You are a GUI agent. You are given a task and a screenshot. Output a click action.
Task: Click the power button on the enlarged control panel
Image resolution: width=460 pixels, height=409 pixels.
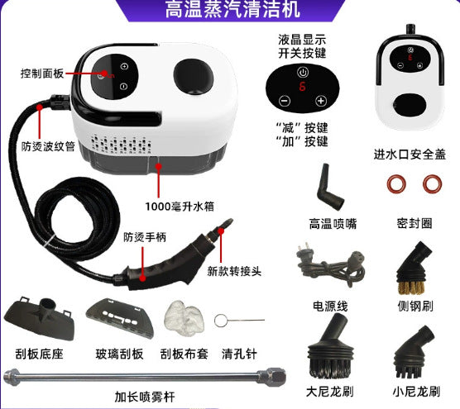pyautogui.click(x=303, y=72)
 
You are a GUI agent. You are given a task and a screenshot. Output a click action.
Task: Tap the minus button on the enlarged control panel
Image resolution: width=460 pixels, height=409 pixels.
pyautogui.click(x=285, y=101)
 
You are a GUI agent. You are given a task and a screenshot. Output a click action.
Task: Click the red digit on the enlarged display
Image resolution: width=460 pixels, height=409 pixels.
pyautogui.click(x=302, y=87)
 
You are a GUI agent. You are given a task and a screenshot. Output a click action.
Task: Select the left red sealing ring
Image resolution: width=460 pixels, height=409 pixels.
pyautogui.click(x=396, y=184)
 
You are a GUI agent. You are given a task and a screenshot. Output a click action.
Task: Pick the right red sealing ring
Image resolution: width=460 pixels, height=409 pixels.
pyautogui.click(x=432, y=184)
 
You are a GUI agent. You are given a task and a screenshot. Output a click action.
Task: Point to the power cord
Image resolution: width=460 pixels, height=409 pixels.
pyautogui.click(x=331, y=265)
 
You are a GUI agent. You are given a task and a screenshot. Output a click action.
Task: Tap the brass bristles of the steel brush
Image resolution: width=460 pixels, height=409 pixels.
pyautogui.click(x=411, y=287)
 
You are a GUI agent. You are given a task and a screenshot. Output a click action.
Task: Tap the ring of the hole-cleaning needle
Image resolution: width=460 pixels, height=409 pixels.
pyautogui.click(x=220, y=321)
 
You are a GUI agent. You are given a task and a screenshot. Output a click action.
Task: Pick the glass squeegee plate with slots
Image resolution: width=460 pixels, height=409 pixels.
pyautogui.click(x=120, y=317)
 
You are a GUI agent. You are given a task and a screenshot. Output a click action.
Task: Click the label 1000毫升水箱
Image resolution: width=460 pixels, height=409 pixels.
pyautogui.click(x=180, y=207)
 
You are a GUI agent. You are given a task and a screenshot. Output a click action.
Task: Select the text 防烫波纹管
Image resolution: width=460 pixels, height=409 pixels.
pyautogui.click(x=48, y=146)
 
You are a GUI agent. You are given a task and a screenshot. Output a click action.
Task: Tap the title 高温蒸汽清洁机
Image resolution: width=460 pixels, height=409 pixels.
pyautogui.click(x=232, y=9)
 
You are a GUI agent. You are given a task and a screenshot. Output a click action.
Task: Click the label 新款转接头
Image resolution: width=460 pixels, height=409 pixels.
pyautogui.click(x=234, y=271)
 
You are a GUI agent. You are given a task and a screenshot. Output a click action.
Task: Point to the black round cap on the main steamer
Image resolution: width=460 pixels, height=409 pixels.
pyautogui.click(x=194, y=76)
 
